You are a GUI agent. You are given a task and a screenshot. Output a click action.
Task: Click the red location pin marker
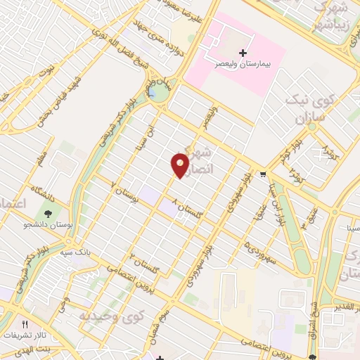coord(181,165)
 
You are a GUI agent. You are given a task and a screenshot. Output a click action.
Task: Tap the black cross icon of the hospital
coord(243,53)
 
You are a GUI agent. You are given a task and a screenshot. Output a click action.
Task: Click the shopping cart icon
coord(263,174)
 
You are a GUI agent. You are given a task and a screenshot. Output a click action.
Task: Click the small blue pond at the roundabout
coord(152,91)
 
